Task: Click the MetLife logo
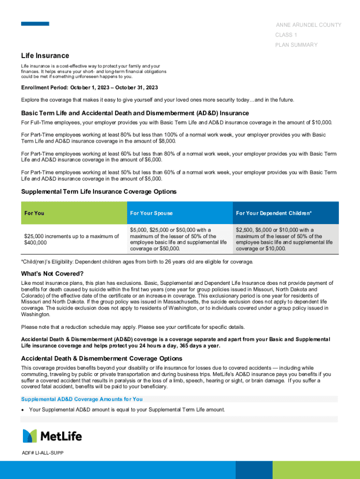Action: (52, 436)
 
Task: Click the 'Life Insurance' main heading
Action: (45, 56)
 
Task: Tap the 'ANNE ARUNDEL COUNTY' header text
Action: (308, 25)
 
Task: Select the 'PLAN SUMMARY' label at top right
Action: (296, 45)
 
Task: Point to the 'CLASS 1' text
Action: (286, 35)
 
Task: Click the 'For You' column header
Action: (34, 213)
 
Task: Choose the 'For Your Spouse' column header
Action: (151, 213)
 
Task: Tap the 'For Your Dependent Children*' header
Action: (274, 213)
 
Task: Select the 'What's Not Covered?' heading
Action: (52, 274)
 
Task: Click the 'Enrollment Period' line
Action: (89, 87)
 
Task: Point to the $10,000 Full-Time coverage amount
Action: (321, 123)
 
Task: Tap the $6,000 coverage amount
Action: (151, 160)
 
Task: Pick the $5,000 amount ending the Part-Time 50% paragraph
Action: (151, 178)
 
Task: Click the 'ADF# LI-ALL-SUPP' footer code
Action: (43, 453)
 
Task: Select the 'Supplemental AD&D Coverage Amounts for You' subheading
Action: (82, 399)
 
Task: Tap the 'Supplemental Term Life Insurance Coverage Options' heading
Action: (99, 192)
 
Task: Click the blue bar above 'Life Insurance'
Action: (35, 23)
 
